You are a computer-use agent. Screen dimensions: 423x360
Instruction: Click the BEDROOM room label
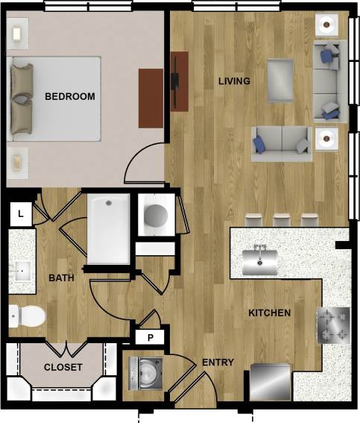click(69, 96)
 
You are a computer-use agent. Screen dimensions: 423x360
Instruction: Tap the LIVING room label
click(233, 81)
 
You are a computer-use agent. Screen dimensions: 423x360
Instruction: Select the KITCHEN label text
click(269, 313)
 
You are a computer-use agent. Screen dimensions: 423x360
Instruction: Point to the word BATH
click(61, 278)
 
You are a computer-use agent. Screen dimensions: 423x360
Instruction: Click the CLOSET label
click(63, 367)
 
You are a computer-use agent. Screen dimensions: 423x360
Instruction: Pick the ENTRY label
click(218, 363)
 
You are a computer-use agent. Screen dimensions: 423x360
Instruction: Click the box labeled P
click(150, 337)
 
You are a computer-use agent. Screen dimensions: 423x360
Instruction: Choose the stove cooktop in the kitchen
click(333, 325)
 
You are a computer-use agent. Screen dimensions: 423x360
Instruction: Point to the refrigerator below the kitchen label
click(270, 381)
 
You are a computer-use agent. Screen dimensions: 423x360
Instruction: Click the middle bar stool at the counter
click(282, 219)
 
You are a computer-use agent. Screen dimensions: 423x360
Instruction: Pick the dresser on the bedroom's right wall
click(151, 98)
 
